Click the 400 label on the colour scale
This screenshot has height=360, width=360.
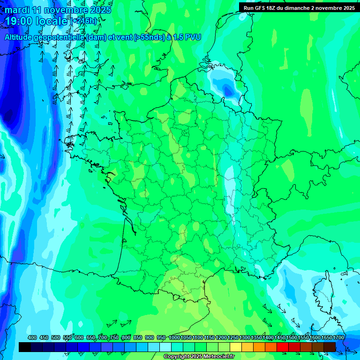click(32, 338)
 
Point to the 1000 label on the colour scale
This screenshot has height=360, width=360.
click(174, 338)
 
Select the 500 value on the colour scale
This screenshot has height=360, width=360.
click(56, 338)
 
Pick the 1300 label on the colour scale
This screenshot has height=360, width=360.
click(245, 338)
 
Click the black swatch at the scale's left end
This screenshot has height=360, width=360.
click(25, 347)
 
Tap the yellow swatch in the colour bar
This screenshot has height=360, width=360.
click(236, 347)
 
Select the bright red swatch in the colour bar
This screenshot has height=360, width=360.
click(283, 347)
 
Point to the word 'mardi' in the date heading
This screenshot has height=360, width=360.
click(17, 10)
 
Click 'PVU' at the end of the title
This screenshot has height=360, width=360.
click(193, 37)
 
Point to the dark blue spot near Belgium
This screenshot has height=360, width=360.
click(227, 89)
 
